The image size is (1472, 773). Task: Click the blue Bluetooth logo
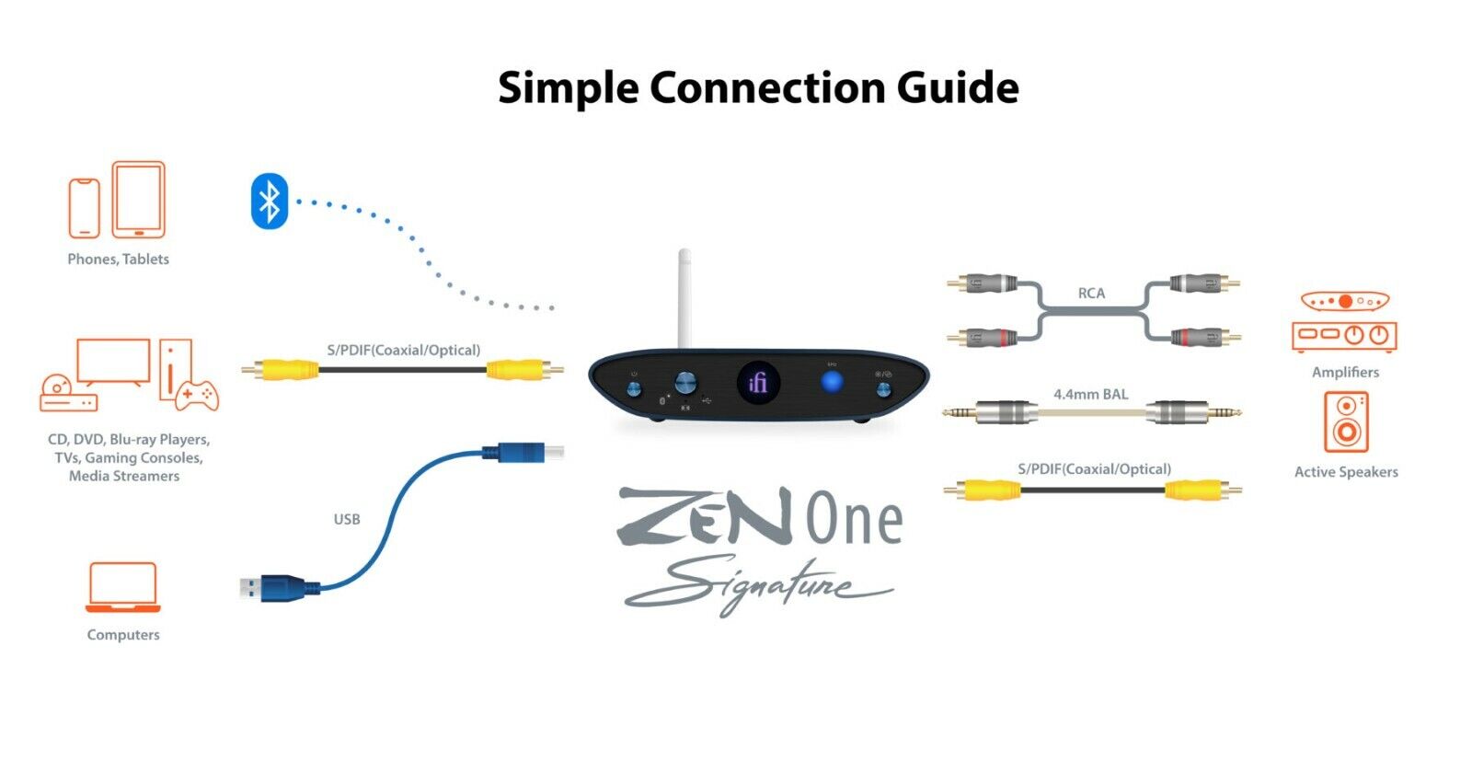point(269,201)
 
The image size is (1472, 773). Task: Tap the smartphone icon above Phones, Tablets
point(84,208)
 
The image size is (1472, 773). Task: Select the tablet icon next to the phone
point(139,200)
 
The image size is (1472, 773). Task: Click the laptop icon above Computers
point(122,587)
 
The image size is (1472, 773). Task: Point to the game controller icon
point(197,395)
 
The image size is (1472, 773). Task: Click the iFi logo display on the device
point(758,381)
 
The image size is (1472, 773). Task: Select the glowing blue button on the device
point(832,381)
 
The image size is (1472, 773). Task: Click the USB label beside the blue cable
point(347,519)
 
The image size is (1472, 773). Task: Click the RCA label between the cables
point(1091,293)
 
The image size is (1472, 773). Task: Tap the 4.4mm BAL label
point(1090,394)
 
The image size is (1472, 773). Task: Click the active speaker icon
point(1346,421)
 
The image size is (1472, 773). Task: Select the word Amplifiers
point(1345,372)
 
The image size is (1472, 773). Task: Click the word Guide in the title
point(958,88)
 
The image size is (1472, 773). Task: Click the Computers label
point(123,635)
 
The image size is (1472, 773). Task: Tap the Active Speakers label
point(1346,472)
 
